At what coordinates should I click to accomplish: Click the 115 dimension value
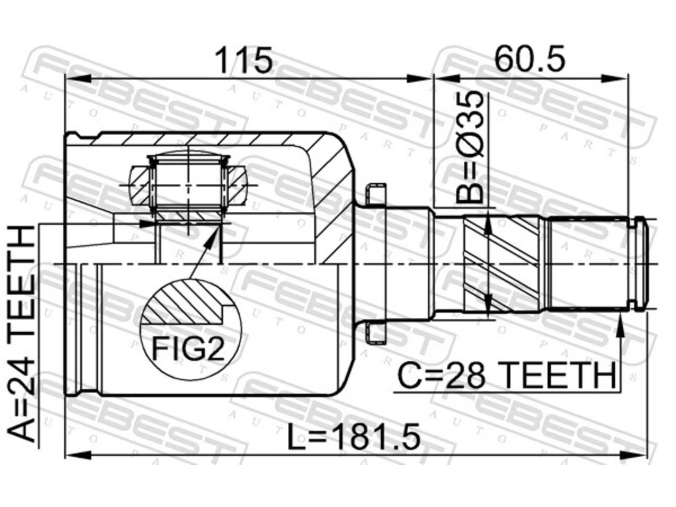pyautogui.click(x=243, y=61)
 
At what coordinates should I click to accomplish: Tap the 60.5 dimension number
pyautogui.click(x=529, y=59)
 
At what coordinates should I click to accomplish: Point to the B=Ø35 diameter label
pyautogui.click(x=470, y=148)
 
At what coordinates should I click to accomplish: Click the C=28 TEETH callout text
pyautogui.click(x=506, y=375)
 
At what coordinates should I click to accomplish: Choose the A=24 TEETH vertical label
pyautogui.click(x=22, y=334)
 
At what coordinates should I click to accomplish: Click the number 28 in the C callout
pyautogui.click(x=465, y=375)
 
